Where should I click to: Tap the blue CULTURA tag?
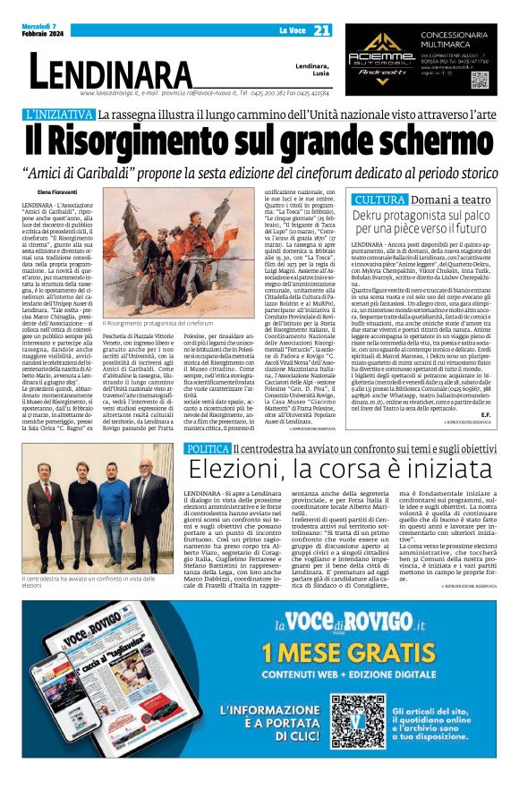[x=379, y=199]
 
